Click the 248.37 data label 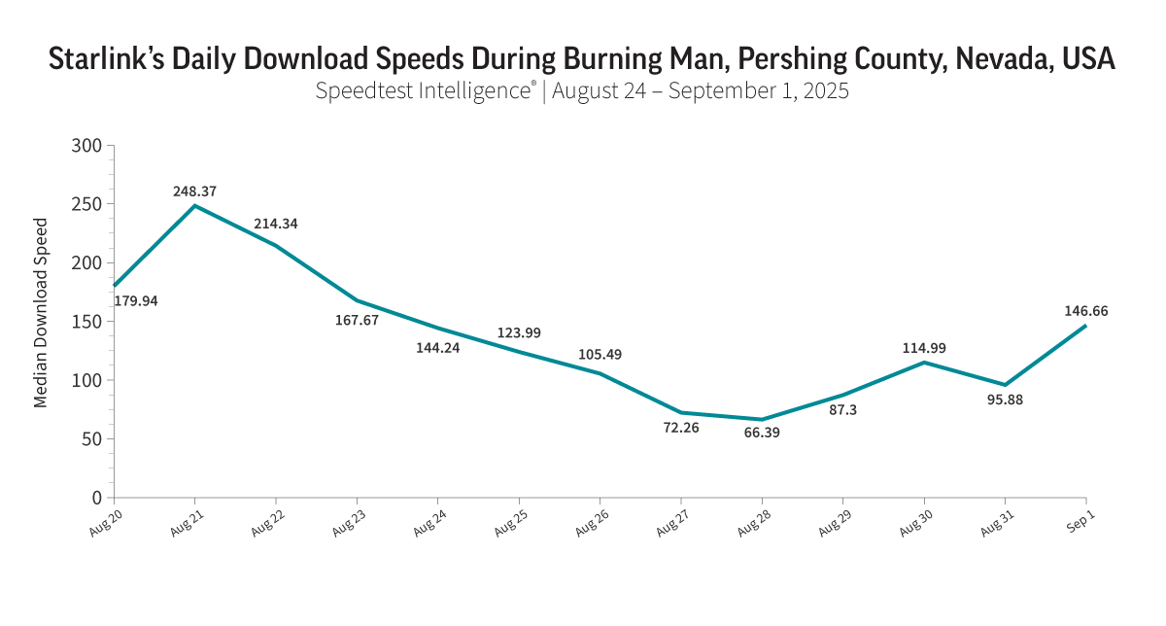194,191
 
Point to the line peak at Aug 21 195,206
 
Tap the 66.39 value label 762,433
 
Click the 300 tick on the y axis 86,146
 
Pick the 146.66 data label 1086,311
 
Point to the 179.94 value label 136,301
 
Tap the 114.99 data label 924,348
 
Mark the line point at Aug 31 1005,385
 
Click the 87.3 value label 841,410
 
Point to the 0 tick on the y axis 96,498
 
